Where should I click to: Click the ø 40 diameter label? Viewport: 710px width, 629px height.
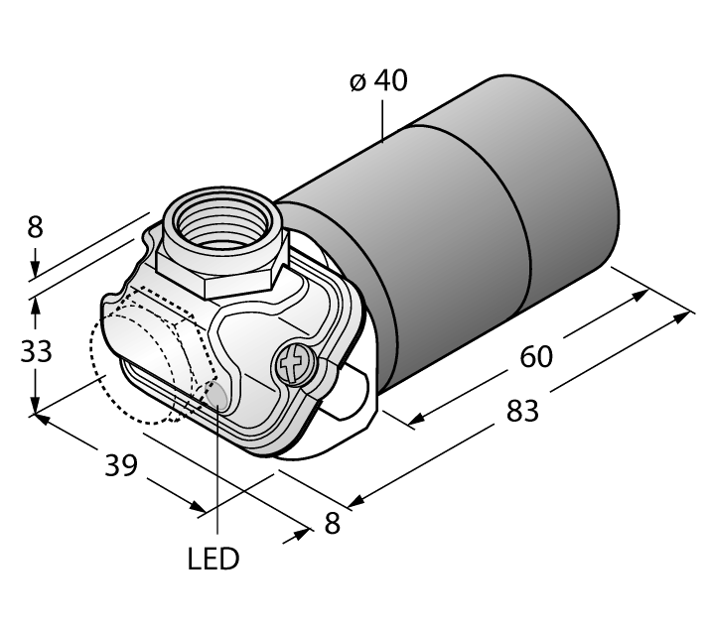click(378, 80)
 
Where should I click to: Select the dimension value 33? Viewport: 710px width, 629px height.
click(36, 350)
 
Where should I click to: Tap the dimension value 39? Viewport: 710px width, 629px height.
click(121, 465)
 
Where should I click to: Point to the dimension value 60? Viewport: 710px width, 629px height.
click(536, 356)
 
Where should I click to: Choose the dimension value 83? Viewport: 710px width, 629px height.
click(522, 411)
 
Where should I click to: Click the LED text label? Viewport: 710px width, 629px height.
click(213, 559)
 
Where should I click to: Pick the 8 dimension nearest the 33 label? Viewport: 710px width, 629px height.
click(35, 227)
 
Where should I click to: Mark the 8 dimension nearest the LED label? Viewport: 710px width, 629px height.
click(332, 524)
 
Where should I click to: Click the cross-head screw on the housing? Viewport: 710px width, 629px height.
click(293, 363)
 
